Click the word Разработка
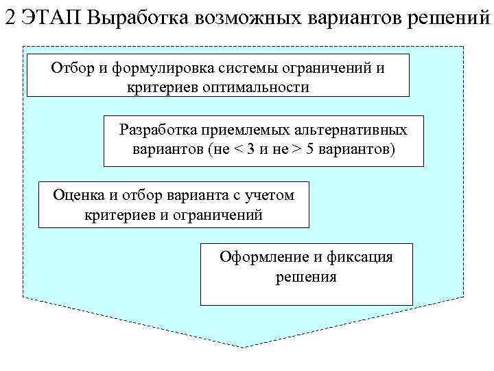coord(157,130)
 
